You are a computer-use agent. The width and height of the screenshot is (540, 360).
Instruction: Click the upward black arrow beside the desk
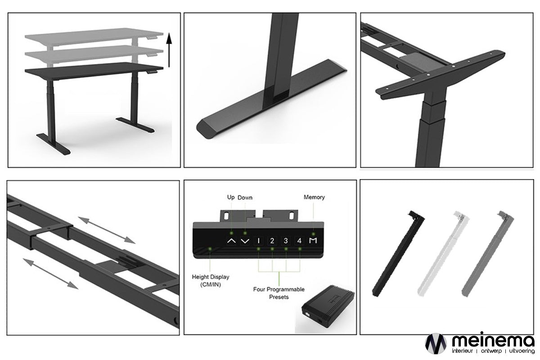click(169, 50)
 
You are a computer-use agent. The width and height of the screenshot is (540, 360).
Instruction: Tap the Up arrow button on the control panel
click(231, 241)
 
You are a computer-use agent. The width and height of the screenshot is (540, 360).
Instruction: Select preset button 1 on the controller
click(258, 241)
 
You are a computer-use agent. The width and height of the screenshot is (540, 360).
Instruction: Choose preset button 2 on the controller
click(272, 241)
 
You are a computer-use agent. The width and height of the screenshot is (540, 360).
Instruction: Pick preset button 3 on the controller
click(286, 241)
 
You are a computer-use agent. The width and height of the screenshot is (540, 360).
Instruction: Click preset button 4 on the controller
click(299, 241)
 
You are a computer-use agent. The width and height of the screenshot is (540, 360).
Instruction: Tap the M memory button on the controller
click(313, 240)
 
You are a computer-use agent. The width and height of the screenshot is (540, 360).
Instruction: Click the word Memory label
click(314, 197)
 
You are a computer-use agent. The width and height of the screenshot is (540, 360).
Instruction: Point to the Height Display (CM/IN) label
click(211, 281)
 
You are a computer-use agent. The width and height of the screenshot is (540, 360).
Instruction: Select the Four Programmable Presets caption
click(279, 293)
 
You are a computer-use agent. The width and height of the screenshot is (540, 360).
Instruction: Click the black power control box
click(328, 306)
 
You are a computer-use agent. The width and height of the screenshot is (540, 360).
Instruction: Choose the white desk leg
click(443, 254)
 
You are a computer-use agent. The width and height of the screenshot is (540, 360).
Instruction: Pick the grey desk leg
click(487, 254)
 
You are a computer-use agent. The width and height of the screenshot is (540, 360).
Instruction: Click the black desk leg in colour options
click(398, 254)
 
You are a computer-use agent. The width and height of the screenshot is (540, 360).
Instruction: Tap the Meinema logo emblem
click(436, 344)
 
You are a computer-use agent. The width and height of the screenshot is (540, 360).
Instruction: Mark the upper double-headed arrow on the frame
click(107, 230)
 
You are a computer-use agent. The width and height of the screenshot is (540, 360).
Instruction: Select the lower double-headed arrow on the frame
click(50, 274)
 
